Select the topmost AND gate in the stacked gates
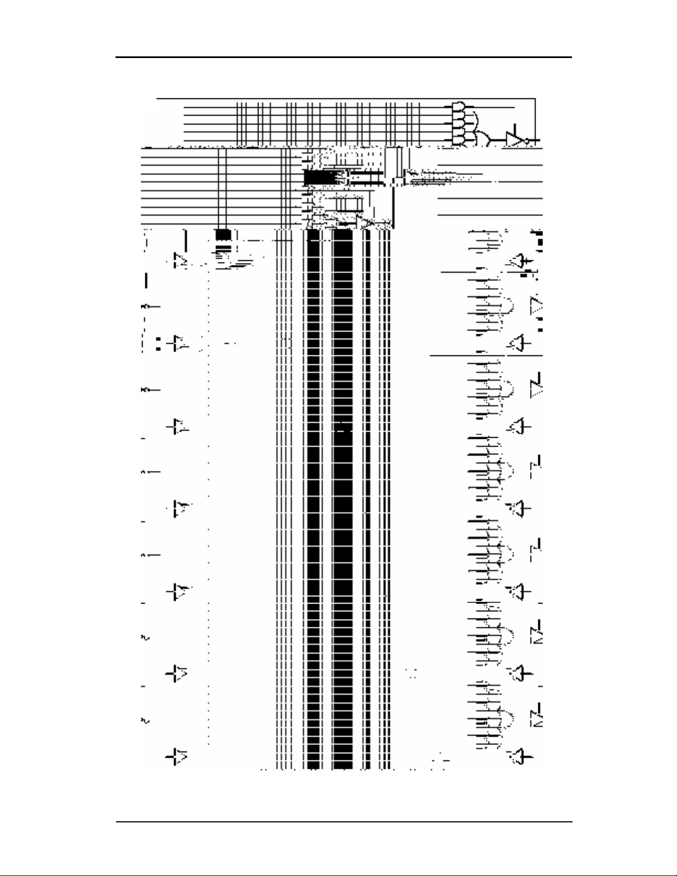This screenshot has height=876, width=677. (x=459, y=106)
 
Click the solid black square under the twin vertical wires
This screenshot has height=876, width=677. (x=223, y=234)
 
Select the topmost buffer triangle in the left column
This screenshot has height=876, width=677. (x=181, y=260)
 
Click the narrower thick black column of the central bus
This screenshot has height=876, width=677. (x=313, y=497)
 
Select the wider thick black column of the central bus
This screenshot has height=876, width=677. (x=343, y=497)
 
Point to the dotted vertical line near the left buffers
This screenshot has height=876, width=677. (x=208, y=497)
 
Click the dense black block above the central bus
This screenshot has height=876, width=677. (x=318, y=178)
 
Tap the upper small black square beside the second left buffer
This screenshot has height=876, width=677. (x=159, y=338)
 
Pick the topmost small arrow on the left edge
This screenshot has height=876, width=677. (x=148, y=306)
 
